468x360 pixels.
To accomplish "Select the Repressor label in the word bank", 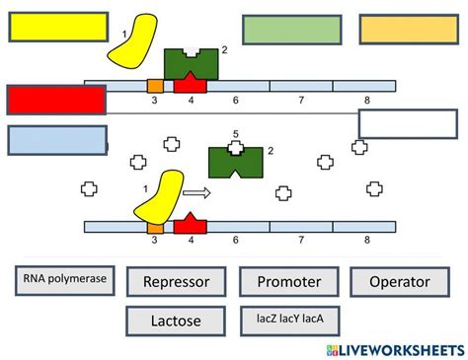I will tap(177, 283).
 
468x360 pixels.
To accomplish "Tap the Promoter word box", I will tap(288, 283).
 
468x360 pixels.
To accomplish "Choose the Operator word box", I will tap(399, 283).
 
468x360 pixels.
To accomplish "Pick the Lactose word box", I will tap(177, 321).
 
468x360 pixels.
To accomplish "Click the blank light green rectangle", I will tap(292, 30).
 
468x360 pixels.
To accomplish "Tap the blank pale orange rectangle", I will tap(408, 30).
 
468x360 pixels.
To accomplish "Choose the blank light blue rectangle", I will tap(56, 140).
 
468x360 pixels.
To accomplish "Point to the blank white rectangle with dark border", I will tap(408, 124).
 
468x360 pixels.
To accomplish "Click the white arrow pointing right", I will tap(197, 193).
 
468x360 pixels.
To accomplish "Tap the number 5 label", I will tap(235, 133).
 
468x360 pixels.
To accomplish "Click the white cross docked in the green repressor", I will tap(236, 149).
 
